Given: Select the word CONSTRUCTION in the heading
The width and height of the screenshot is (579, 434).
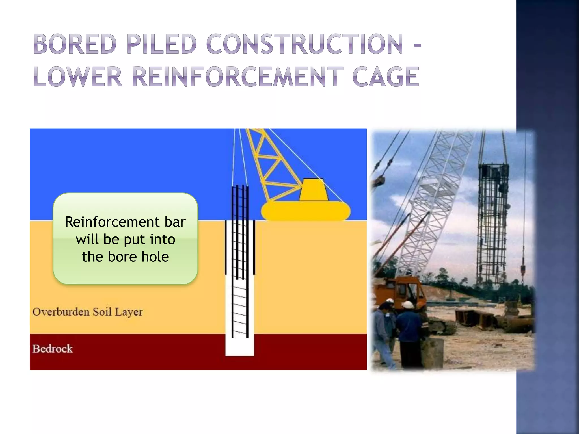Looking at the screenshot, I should pyautogui.click(x=304, y=44).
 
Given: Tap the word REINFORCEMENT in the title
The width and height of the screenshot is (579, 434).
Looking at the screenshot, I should pyautogui.click(x=237, y=77).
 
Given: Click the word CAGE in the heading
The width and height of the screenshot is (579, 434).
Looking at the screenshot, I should pyautogui.click(x=385, y=77).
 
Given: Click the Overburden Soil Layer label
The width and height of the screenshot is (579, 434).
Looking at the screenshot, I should pyautogui.click(x=87, y=312).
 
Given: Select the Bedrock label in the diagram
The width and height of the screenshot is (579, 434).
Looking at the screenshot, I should pyautogui.click(x=53, y=349).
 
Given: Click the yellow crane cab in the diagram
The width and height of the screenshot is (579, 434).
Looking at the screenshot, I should pyautogui.click(x=313, y=190).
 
